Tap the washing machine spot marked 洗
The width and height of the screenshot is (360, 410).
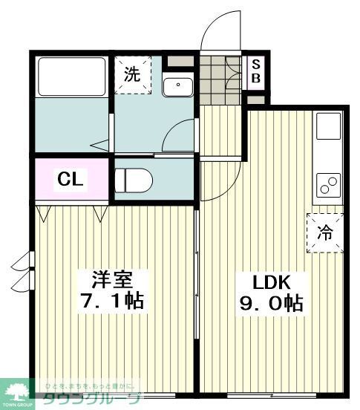pos(132,75)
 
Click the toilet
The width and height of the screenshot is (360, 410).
pos(134,180)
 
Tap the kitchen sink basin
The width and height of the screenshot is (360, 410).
pos(329,127)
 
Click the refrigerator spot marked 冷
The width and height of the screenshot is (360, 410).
pos(326,231)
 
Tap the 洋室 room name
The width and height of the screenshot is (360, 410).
pos(112,280)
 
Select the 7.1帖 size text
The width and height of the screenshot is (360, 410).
pos(112,302)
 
